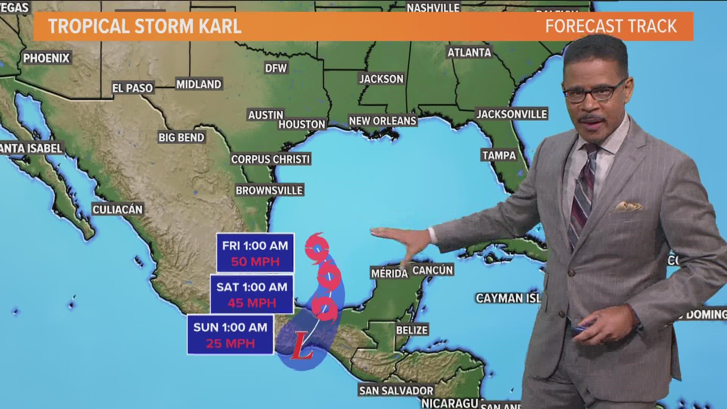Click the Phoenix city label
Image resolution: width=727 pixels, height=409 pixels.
[47, 58]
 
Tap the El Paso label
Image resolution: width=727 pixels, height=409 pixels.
[132, 88]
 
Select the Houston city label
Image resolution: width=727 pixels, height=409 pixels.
[302, 124]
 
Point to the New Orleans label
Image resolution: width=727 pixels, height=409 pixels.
[382, 121]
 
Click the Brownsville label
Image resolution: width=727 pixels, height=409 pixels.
[269, 190]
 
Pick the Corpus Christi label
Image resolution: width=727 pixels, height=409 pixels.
[270, 159]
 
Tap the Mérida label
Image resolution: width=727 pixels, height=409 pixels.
[389, 273]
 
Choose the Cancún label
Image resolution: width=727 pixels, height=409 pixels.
[432, 270]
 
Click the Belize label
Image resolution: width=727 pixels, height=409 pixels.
[412, 330]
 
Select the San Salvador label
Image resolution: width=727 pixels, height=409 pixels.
[396, 390]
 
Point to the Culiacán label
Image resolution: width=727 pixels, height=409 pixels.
[117, 209]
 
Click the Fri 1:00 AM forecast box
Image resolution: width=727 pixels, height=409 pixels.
[255, 253]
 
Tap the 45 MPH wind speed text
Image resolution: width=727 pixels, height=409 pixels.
[252, 303]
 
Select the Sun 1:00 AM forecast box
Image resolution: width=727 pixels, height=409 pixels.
[230, 335]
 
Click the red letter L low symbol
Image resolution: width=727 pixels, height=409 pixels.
[301, 346]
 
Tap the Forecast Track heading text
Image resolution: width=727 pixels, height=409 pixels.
[610, 26]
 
